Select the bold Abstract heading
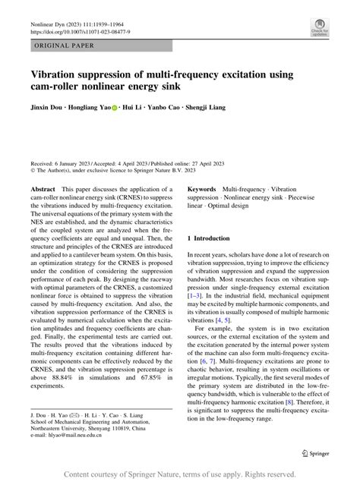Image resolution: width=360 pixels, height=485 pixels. pyautogui.click(x=42, y=187)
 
